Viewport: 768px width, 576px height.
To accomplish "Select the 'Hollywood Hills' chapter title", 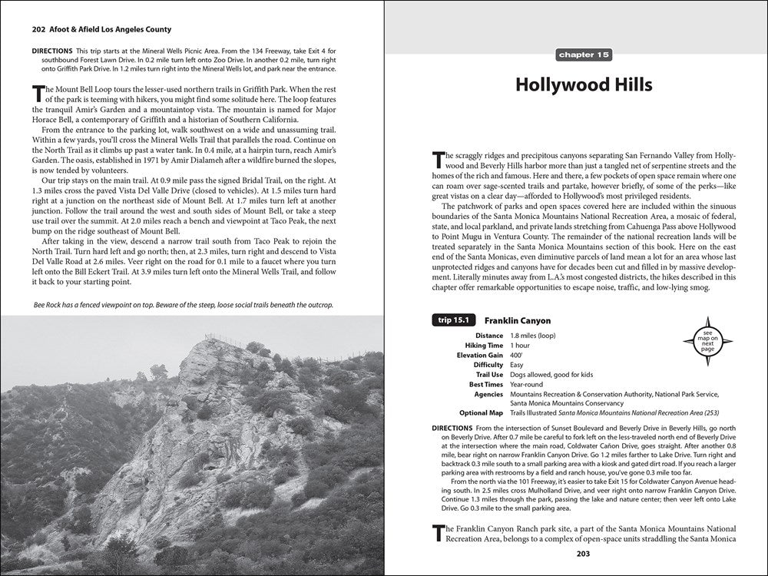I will tap(584, 84).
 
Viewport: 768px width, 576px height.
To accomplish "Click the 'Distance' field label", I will tap(488, 336).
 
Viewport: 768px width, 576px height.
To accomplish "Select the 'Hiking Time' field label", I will tap(483, 346).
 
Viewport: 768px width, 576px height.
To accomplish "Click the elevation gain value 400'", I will tap(517, 356).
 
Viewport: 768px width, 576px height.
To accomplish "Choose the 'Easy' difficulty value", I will tap(518, 365).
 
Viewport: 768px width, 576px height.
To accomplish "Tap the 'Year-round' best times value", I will tap(528, 383).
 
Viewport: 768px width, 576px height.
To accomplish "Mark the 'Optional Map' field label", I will tap(481, 412).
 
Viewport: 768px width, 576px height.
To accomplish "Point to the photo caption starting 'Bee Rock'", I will tap(184, 305).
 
